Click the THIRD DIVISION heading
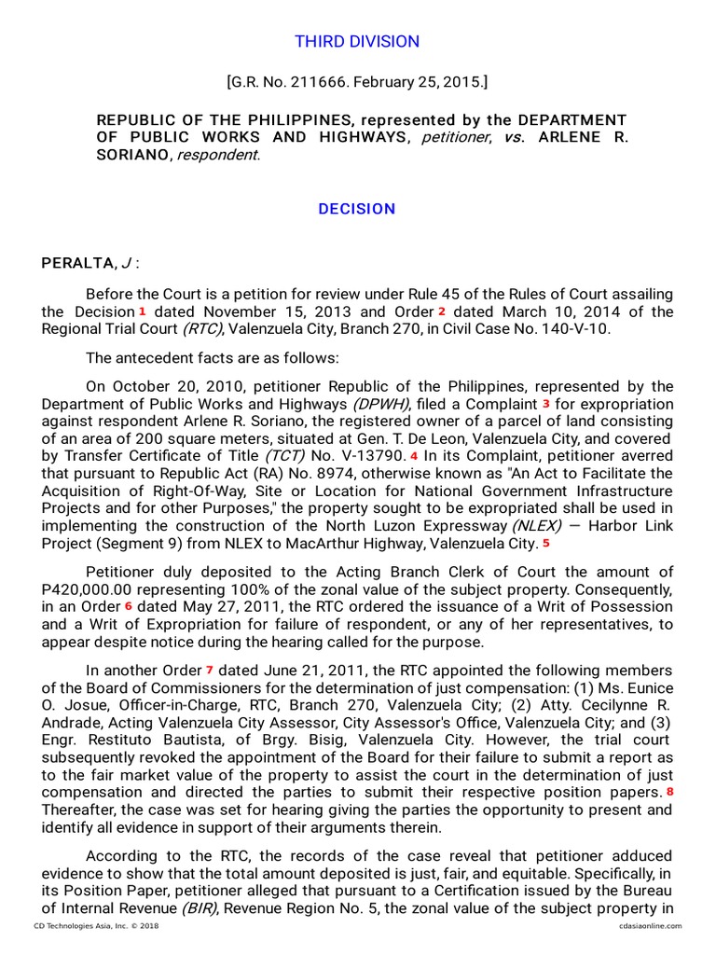357,42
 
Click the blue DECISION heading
357,209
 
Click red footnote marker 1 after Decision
143,311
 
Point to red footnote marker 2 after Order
442,311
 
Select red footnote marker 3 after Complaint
546,403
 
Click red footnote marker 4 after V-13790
414,455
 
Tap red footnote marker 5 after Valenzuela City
546,543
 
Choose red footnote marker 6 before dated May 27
129,606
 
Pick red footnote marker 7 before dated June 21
210,670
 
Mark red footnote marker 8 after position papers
668,792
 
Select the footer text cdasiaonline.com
650,925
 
